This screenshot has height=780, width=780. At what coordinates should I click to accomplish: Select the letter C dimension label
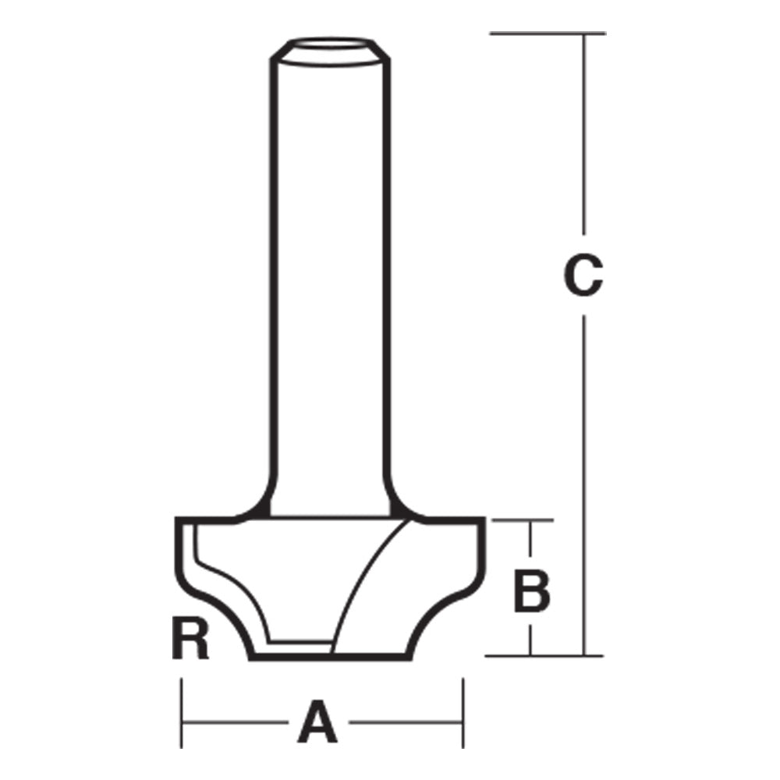pos(583,277)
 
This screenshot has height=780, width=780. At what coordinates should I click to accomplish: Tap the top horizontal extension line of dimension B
pos(519,519)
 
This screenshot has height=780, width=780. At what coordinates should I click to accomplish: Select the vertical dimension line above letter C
pos(583,140)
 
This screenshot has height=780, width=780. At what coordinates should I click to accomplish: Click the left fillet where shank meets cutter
pos(253,507)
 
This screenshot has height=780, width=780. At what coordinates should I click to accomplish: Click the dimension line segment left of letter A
pos(234,722)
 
